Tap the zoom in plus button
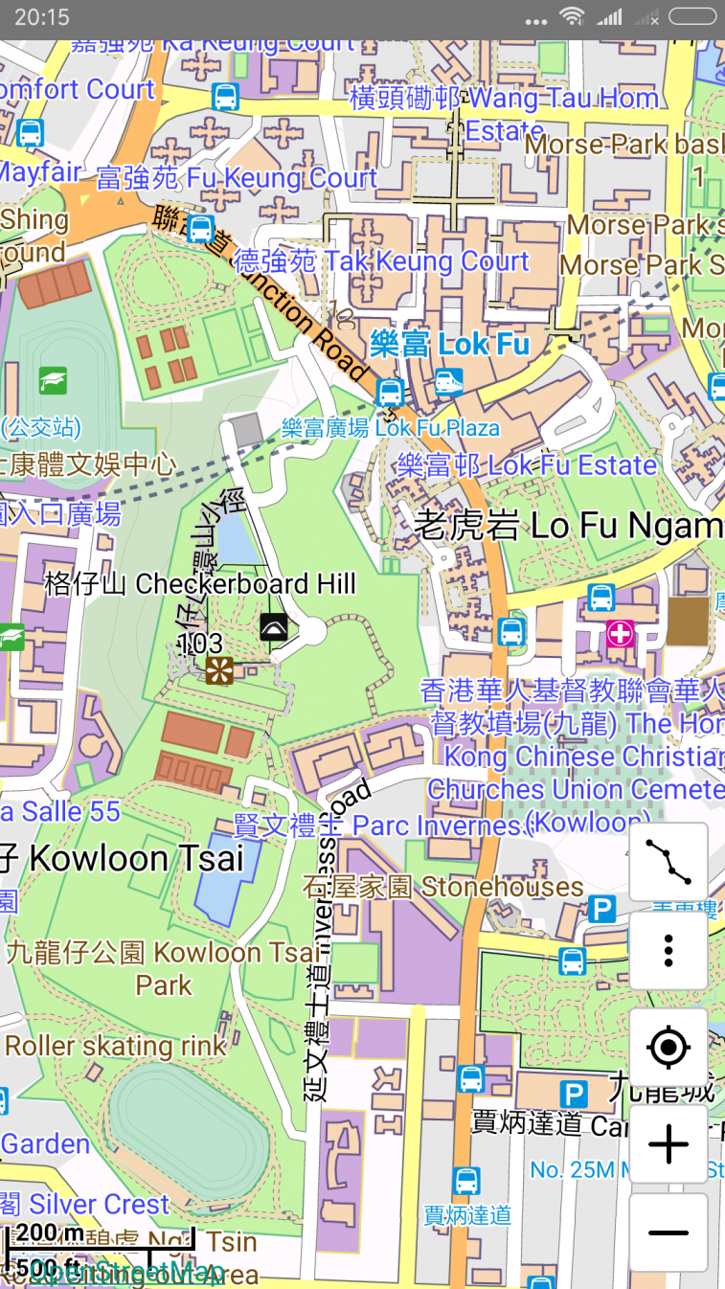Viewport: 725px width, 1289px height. tap(668, 1144)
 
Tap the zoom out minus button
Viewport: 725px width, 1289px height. tap(668, 1232)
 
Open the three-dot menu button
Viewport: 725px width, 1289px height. tap(668, 950)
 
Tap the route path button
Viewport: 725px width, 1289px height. tap(668, 861)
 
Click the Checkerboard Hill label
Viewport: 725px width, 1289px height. tap(200, 584)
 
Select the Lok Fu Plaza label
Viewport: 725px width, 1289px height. tap(391, 428)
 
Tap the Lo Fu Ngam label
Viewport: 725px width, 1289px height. tap(568, 526)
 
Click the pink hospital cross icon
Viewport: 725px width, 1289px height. tap(621, 633)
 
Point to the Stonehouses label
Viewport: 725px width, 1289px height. tap(442, 888)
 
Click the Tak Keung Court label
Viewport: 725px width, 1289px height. tap(381, 261)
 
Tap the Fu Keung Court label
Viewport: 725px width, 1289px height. tap(237, 178)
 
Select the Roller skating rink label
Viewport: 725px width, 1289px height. tap(115, 1046)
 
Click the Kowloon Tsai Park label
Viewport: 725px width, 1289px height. tap(163, 968)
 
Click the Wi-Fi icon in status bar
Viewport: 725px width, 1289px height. tap(572, 16)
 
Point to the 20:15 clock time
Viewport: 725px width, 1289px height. tap(42, 16)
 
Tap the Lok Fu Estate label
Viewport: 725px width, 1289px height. tap(527, 466)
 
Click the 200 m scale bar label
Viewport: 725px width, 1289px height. tap(50, 1232)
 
